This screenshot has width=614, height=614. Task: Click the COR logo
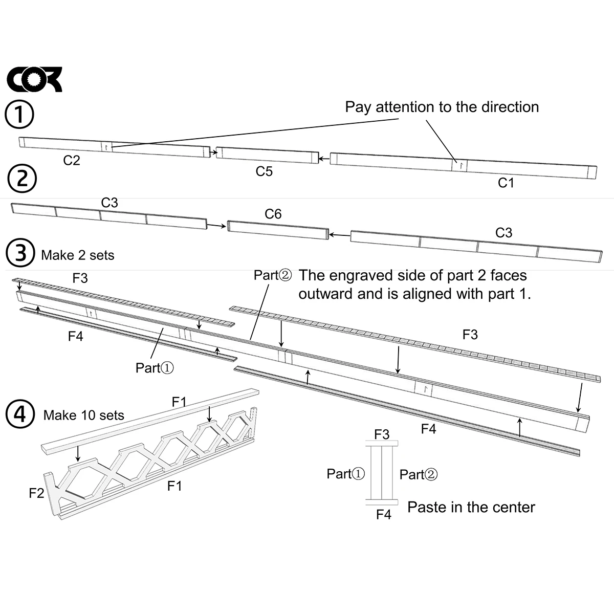(x=34, y=79)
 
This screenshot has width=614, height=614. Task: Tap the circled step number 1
(x=19, y=114)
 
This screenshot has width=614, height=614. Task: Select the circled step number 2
(x=22, y=178)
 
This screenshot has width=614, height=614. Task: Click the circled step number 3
(x=20, y=253)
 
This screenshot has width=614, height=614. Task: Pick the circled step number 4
(x=20, y=414)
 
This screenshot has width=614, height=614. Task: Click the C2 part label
(x=71, y=160)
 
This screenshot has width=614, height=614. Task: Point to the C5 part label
(x=264, y=171)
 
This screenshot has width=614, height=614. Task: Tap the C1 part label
(x=506, y=183)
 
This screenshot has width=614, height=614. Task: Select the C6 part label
(x=273, y=214)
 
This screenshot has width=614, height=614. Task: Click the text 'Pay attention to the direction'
(x=442, y=107)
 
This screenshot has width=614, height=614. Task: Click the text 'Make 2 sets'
(x=78, y=255)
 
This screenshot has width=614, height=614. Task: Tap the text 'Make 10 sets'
(x=84, y=415)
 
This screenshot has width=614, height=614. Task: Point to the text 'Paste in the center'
(x=471, y=507)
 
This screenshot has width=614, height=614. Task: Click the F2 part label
(x=36, y=493)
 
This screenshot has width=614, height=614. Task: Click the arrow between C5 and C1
(x=324, y=158)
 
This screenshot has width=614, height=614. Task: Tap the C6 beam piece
(x=278, y=230)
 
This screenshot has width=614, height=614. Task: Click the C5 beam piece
(x=267, y=155)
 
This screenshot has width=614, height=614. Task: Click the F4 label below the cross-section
(x=384, y=514)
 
